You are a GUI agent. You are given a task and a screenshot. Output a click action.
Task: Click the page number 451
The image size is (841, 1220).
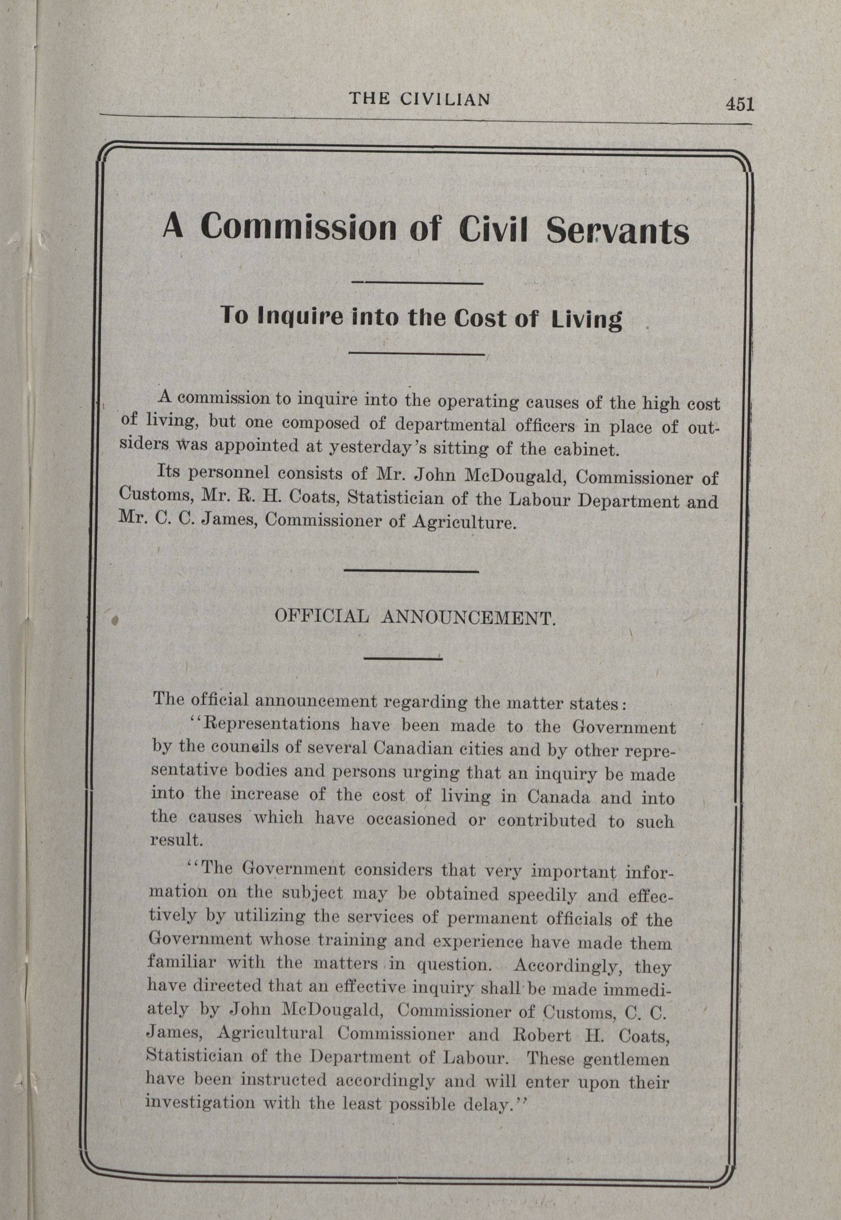739,105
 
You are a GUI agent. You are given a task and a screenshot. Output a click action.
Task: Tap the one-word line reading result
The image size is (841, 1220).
169,839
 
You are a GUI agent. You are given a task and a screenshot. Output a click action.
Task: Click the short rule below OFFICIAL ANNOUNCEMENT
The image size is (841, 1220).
402,658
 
